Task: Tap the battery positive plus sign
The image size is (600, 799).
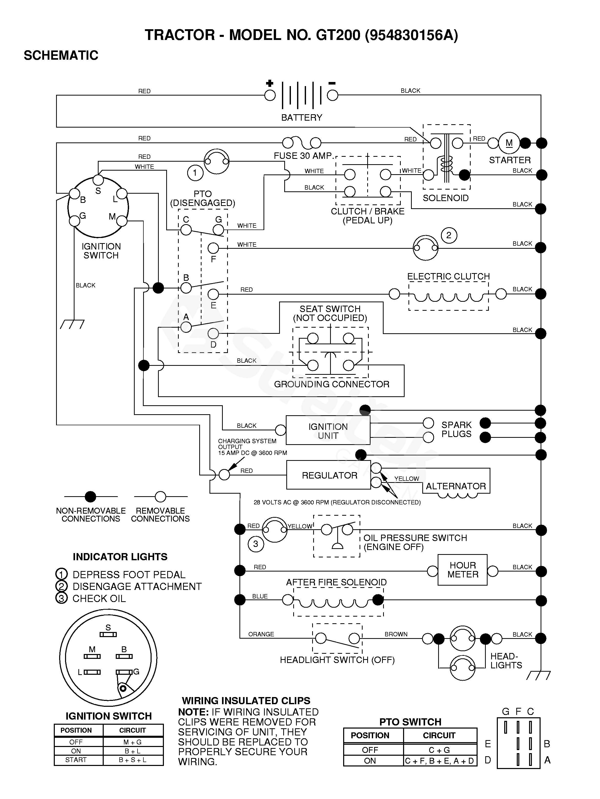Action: (x=269, y=84)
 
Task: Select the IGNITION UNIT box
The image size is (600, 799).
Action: (x=328, y=431)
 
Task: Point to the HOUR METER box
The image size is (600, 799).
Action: (x=462, y=570)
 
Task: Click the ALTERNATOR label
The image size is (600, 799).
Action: (x=456, y=486)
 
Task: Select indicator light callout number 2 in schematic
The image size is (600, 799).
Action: (x=449, y=235)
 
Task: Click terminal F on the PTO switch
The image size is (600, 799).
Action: (x=213, y=248)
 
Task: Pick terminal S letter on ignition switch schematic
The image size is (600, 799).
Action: (x=98, y=191)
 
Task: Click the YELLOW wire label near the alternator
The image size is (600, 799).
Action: (x=406, y=479)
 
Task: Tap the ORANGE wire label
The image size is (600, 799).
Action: (x=261, y=634)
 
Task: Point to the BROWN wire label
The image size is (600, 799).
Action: (x=396, y=634)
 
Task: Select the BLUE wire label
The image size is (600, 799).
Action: (x=260, y=596)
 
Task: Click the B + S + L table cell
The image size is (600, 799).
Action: (x=132, y=760)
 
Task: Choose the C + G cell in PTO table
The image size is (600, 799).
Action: (x=439, y=750)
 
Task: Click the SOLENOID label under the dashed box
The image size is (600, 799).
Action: (x=446, y=198)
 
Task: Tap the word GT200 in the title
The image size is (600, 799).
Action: (x=338, y=35)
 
